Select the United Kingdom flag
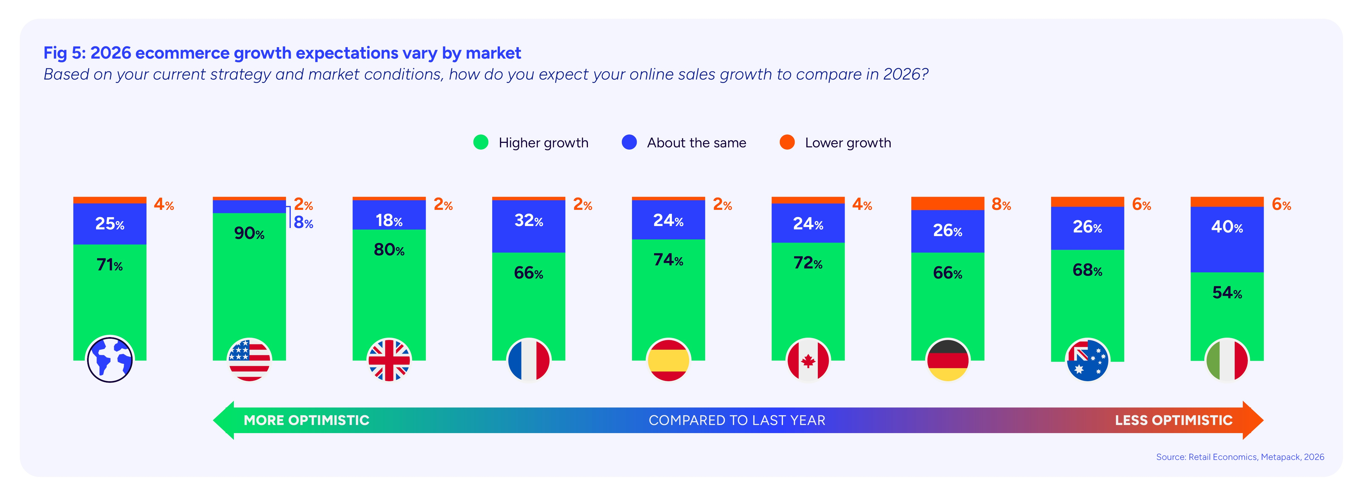(389, 360)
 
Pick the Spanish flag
(668, 360)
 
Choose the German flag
(948, 360)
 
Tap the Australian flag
(1087, 360)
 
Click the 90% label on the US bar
(249, 233)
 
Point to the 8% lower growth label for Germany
(1001, 205)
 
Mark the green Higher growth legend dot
(480, 143)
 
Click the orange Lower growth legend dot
(787, 143)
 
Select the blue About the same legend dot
(629, 143)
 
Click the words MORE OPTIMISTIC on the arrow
(306, 420)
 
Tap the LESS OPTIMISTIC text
(1173, 420)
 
